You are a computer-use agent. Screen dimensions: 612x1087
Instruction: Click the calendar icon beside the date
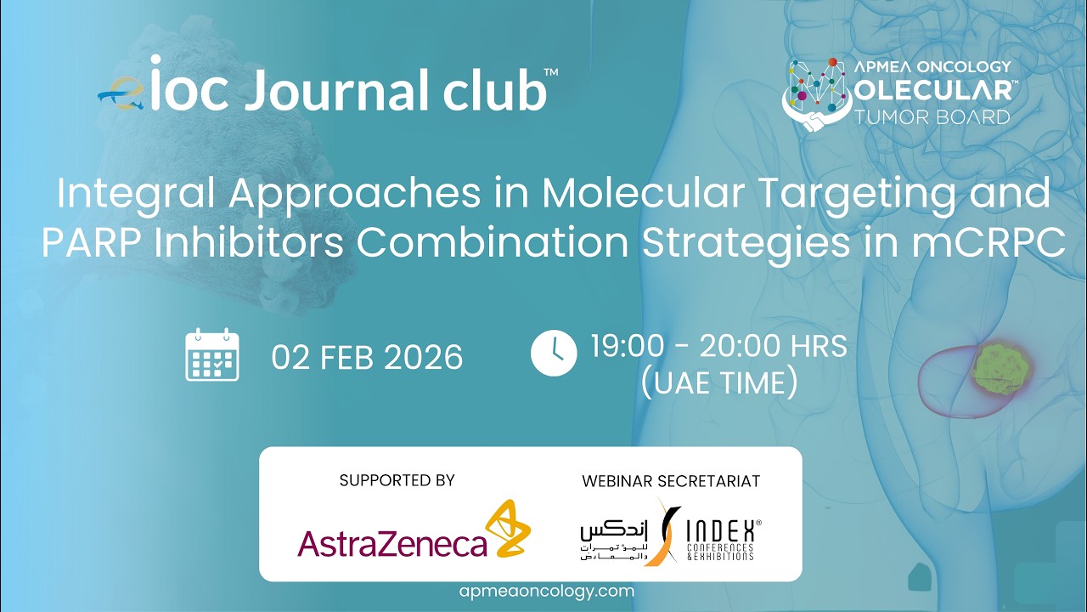(x=212, y=355)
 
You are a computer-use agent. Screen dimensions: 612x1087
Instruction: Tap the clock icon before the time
(x=554, y=353)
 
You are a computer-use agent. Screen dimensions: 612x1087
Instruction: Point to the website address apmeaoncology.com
(x=546, y=592)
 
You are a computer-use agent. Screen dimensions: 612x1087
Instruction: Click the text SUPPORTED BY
(x=397, y=480)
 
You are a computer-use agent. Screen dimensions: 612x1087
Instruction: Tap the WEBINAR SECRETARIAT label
(x=671, y=481)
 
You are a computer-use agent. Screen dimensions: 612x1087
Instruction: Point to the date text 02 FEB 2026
(x=367, y=357)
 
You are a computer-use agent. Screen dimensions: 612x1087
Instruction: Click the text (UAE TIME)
(x=719, y=383)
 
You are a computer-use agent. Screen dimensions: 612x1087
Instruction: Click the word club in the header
(x=494, y=92)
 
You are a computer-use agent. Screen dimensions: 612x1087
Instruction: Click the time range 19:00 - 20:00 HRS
(x=718, y=346)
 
